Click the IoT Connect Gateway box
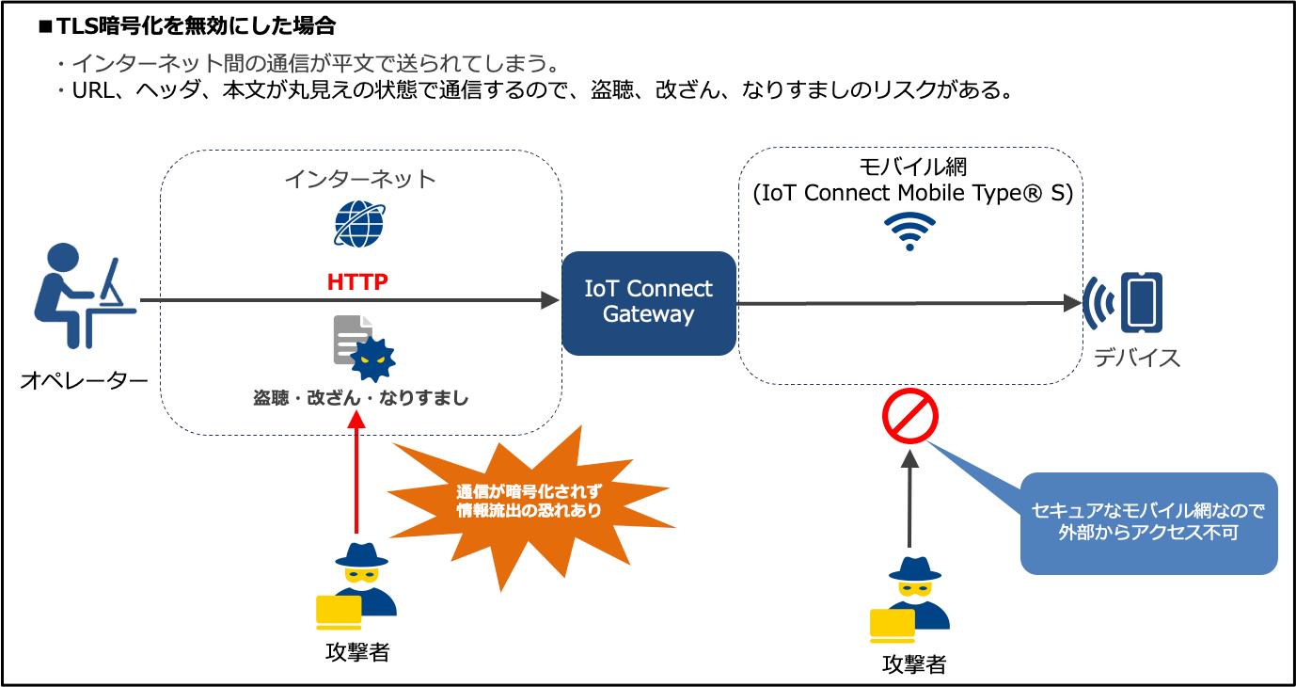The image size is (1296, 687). point(648,302)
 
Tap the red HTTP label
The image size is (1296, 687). point(357,281)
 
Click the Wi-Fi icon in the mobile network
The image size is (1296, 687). point(909,231)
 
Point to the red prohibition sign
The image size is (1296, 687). point(909,417)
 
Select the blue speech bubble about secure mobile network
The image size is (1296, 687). point(1148,522)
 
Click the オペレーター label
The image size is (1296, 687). point(84,381)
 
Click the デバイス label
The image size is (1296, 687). point(1136,359)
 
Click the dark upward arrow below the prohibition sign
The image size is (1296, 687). point(909,499)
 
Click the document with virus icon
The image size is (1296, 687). point(363,345)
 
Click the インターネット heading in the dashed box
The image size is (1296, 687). point(360,179)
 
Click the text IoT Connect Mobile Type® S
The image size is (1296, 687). point(912,193)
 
